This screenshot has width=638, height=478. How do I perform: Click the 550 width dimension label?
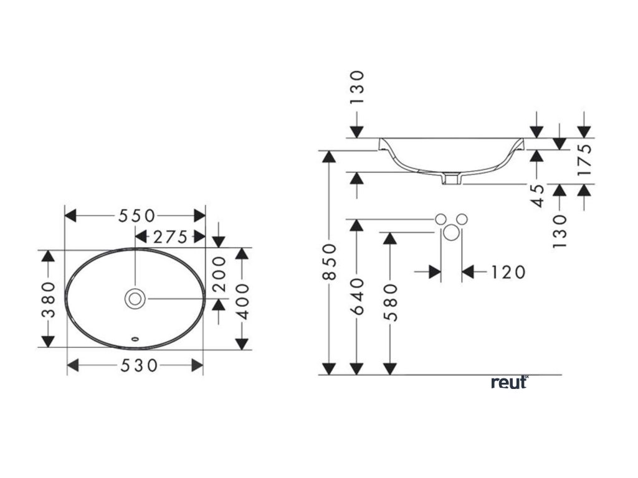(x=136, y=215)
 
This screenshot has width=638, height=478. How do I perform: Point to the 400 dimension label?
(x=243, y=300)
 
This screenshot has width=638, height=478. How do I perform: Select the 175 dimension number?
(x=584, y=161)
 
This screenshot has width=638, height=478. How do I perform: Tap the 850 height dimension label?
(x=330, y=261)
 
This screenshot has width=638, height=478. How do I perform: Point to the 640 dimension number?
(x=358, y=298)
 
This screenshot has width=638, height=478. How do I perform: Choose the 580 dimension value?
(x=391, y=301)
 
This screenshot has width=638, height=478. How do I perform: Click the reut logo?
(x=509, y=382)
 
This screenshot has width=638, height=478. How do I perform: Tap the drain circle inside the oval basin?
(x=135, y=299)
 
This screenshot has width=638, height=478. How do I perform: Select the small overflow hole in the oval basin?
(x=135, y=340)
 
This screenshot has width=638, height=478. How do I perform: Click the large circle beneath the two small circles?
(x=452, y=233)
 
